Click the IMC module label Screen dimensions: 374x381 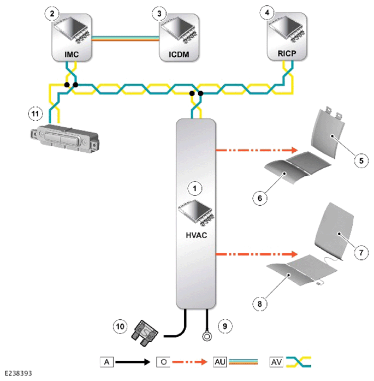(72, 54)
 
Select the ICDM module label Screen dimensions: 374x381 (179, 54)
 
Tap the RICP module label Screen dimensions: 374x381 (287, 53)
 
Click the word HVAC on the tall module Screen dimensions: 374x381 (197, 235)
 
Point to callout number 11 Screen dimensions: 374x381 (35, 114)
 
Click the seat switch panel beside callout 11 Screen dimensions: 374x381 (64, 139)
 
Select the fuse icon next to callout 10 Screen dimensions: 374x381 (145, 333)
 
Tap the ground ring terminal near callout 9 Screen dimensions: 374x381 (207, 337)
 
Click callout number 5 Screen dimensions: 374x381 (361, 160)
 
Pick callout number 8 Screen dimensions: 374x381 (259, 303)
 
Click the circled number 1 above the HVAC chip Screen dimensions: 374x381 (195, 188)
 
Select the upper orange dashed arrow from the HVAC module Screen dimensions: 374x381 (257, 150)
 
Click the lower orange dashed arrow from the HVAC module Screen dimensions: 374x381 (257, 254)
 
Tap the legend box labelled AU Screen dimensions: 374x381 (220, 362)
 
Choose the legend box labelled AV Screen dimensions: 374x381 (277, 362)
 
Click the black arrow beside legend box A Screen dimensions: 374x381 (133, 362)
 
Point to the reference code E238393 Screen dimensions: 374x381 (18, 373)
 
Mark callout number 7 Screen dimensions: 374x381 (361, 253)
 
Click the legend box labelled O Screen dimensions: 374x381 (163, 362)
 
